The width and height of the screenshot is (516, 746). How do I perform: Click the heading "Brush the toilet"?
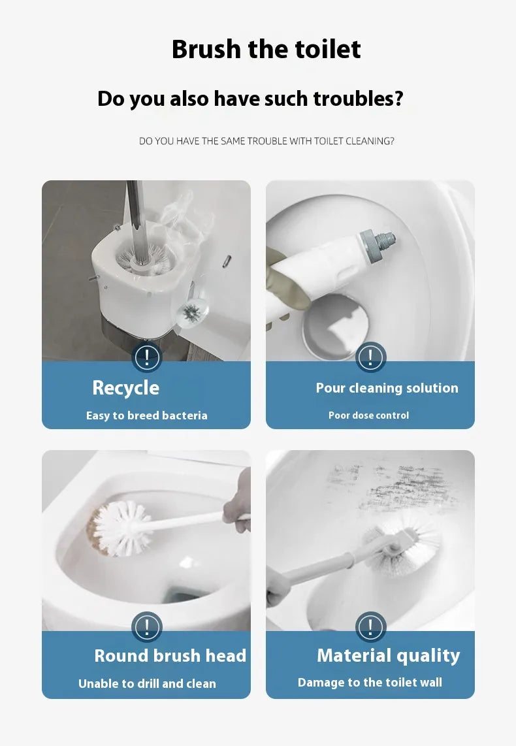266,50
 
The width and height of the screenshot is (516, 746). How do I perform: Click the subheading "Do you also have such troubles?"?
250,99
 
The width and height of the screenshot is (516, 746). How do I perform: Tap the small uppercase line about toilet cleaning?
266,140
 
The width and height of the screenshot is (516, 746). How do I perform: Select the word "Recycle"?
126,388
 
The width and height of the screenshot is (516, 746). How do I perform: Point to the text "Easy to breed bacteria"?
146,415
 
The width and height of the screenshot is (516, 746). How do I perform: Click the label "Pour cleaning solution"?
387,388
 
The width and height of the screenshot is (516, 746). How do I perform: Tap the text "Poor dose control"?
368,415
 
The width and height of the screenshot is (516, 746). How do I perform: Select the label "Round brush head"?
170,656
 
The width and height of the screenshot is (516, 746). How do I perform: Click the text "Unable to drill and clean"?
147,684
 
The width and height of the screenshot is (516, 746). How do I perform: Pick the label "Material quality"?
388,656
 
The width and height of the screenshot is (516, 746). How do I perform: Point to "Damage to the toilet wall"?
370,683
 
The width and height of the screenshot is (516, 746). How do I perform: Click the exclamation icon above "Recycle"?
146,357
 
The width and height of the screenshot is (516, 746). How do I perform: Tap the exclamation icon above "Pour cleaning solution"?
370,357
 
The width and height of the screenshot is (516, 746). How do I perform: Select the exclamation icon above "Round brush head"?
146,628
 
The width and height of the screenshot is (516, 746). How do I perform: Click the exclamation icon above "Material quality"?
370,628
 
